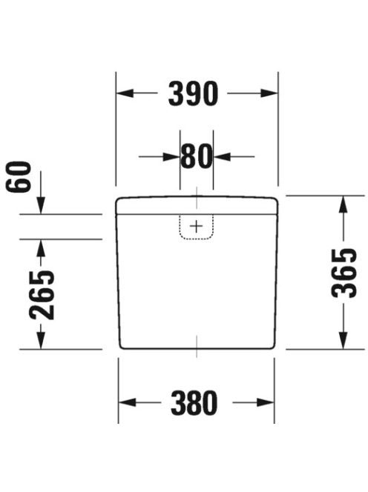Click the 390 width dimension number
coord(193,93)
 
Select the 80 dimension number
coord(197,156)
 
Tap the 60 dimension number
coord(19,176)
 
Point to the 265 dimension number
coord(42,295)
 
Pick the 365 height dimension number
coord(344,273)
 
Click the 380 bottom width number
coord(194,402)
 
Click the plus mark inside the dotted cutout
coord(197,226)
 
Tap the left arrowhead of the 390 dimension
coord(125,93)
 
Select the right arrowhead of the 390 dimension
coord(269,93)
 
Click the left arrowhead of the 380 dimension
coord(128,402)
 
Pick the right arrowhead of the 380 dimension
coord(266,402)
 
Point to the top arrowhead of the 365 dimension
coord(344,205)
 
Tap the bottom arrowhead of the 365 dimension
coord(344,340)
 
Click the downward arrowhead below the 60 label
coord(41,205)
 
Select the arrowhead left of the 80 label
coord(171,156)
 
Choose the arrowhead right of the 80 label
coord(222,156)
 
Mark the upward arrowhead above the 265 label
coord(41,248)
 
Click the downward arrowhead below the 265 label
coord(41,340)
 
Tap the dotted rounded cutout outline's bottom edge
coord(197,239)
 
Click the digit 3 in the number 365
coord(344,290)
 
